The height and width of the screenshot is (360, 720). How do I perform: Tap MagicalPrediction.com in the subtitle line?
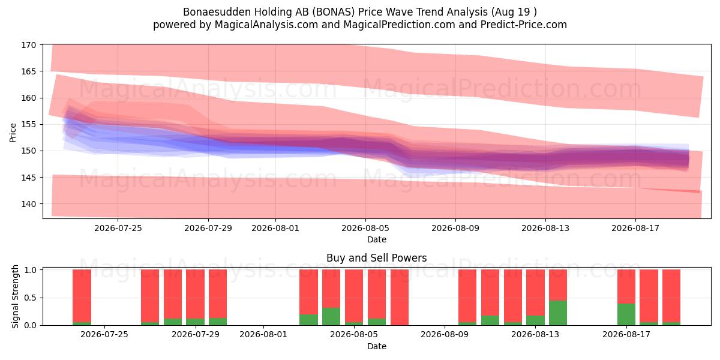pos(399,25)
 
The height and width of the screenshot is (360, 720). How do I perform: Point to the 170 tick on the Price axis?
pos(29,45)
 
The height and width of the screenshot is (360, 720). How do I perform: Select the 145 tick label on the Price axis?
pos(29,178)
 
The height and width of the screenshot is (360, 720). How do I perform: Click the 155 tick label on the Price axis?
pos(29,124)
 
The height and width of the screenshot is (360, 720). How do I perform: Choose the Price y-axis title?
pos(13,133)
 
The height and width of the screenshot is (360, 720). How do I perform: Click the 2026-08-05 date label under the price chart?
pos(365,228)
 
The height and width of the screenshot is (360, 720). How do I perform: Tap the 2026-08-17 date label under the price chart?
pos(635,228)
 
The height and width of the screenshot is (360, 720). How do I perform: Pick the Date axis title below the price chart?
pos(377,239)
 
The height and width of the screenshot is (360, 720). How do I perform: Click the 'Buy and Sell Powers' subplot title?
pos(377,258)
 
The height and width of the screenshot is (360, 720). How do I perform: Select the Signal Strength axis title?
pos(15,296)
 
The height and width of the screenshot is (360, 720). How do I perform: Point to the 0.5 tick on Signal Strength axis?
pos(30,298)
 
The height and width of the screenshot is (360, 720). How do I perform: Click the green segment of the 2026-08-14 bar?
pos(557,313)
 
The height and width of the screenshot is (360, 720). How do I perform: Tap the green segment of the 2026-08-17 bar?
pos(626,314)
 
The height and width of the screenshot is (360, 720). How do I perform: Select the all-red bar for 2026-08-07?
pos(400,298)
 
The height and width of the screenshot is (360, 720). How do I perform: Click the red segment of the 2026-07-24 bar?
pos(82,296)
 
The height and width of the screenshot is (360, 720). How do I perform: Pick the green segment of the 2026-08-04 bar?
pos(331,317)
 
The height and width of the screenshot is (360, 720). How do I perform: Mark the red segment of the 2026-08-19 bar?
pos(671,296)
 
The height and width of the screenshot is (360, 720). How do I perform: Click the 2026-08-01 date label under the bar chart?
pos(263,335)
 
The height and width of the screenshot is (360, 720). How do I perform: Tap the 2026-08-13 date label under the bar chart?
pos(535,335)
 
